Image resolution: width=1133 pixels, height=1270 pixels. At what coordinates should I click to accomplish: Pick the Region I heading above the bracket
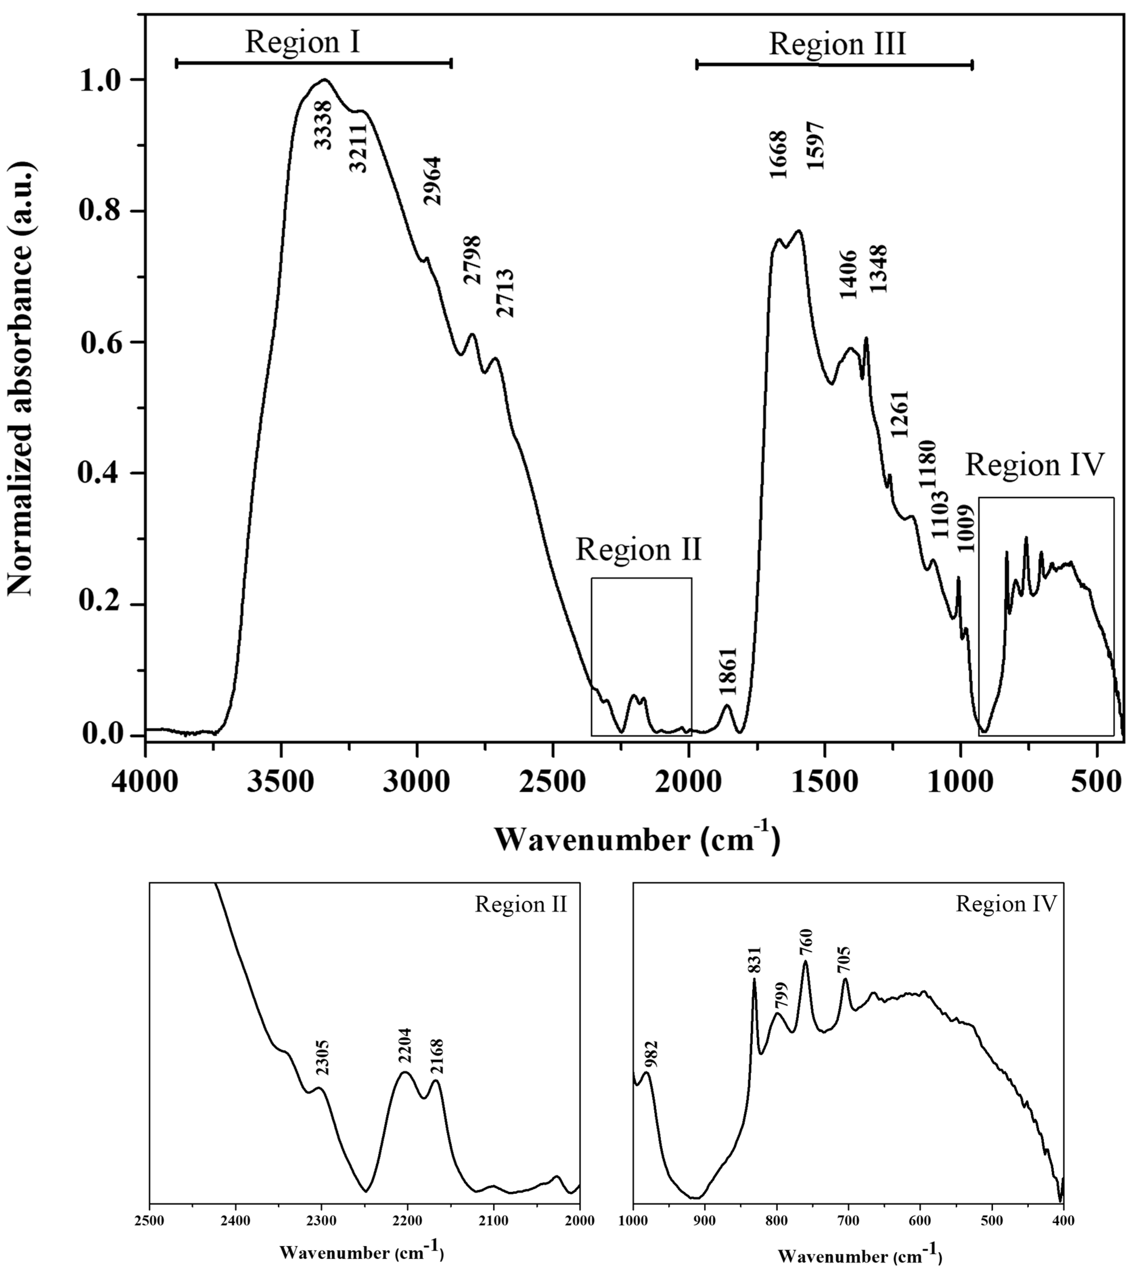(x=302, y=42)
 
